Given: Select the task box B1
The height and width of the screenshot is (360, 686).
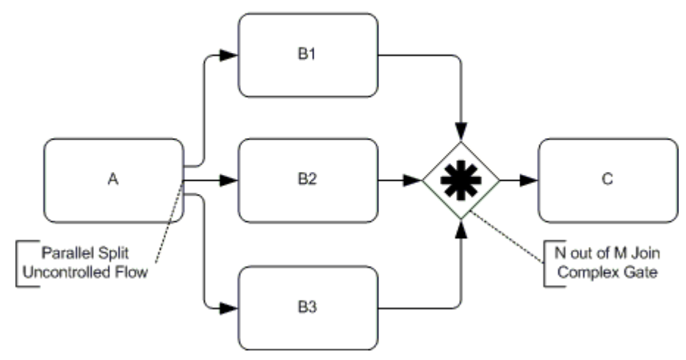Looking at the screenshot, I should coord(308,55).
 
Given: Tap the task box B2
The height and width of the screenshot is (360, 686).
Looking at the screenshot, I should coord(308,180).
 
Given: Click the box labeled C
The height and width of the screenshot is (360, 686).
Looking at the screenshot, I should coord(607,180).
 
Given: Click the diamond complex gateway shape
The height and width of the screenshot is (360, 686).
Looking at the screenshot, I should coord(461,179).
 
